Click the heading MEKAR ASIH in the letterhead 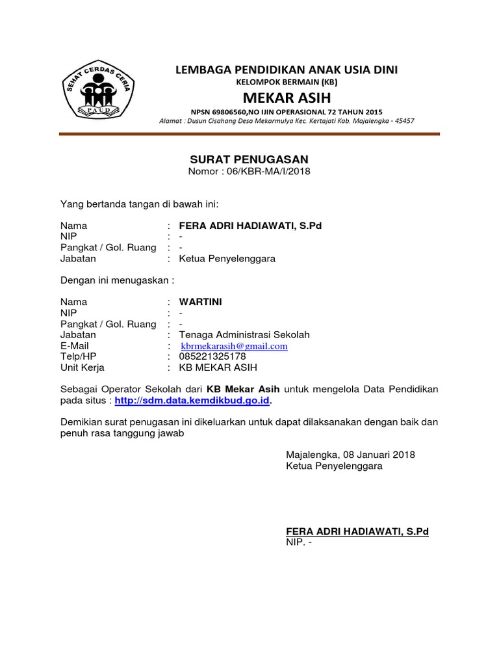pyautogui.click(x=287, y=98)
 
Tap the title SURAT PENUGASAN pyautogui.click(x=249, y=159)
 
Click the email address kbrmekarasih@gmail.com pyautogui.click(x=234, y=346)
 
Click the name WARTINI pyautogui.click(x=200, y=302)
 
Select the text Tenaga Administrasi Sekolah pyautogui.click(x=244, y=335)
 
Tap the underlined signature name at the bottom pyautogui.click(x=357, y=532)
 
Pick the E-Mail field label pyautogui.click(x=75, y=346)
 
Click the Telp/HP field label pyautogui.click(x=79, y=356)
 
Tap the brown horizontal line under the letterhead pyautogui.click(x=249, y=134)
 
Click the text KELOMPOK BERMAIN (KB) pyautogui.click(x=286, y=82)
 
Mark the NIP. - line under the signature pyautogui.click(x=299, y=543)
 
